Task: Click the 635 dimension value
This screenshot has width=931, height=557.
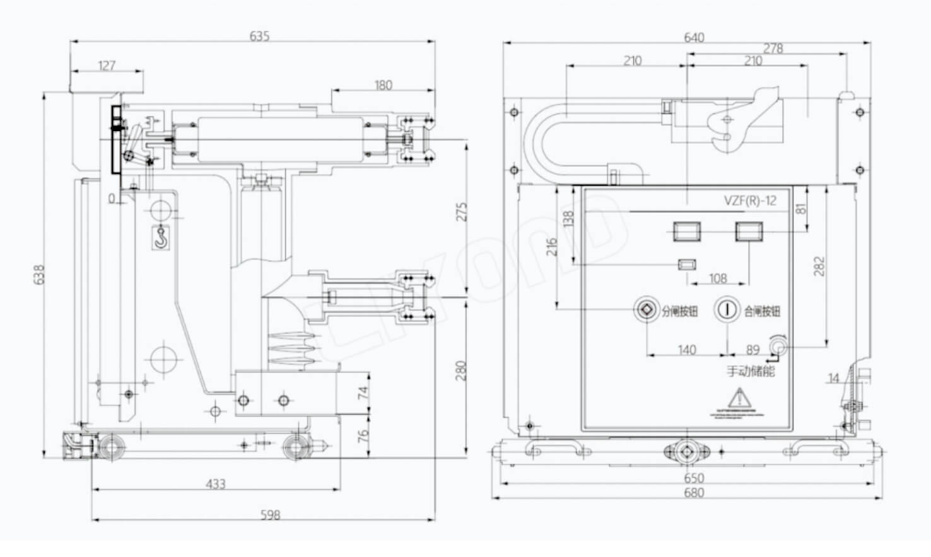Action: [259, 37]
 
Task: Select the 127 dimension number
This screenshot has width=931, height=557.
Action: [107, 66]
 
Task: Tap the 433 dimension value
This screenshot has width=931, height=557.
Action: [216, 484]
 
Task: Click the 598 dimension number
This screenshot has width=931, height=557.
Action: [270, 515]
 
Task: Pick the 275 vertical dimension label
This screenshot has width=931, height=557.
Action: [462, 212]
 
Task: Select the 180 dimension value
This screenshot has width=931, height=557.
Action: [383, 85]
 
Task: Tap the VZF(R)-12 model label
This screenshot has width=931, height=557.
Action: [750, 201]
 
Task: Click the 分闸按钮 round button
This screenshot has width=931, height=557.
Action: [647, 309]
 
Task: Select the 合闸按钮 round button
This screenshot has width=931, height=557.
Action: [727, 309]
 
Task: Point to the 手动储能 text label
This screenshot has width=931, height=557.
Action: [751, 370]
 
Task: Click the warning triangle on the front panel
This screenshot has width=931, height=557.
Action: [738, 398]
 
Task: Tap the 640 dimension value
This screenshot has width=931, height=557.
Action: [694, 37]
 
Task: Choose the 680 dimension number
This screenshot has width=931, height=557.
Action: [694, 493]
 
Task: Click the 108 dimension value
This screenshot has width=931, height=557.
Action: [718, 278]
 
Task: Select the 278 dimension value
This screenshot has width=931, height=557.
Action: [773, 48]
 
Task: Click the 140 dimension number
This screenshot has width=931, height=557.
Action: [687, 350]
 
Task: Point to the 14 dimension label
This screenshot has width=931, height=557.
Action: [833, 378]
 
